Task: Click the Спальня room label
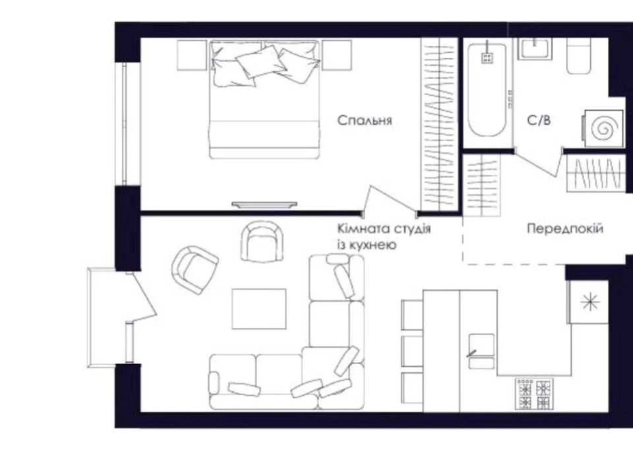point(365,120)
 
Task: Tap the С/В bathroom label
point(539,120)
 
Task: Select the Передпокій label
point(565,229)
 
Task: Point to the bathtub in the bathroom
point(487,90)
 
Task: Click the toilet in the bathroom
point(579,56)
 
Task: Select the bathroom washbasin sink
point(535,49)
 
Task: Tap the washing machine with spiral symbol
point(603,129)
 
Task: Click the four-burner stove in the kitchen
point(534,393)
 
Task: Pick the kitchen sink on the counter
point(481,351)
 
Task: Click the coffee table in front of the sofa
point(258,309)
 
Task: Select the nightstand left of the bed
point(192,55)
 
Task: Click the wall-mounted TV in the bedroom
point(264,205)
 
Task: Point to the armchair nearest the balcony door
point(195,270)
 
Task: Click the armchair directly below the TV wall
point(263,241)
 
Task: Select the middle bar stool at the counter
point(412,350)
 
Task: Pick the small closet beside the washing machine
point(595,174)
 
